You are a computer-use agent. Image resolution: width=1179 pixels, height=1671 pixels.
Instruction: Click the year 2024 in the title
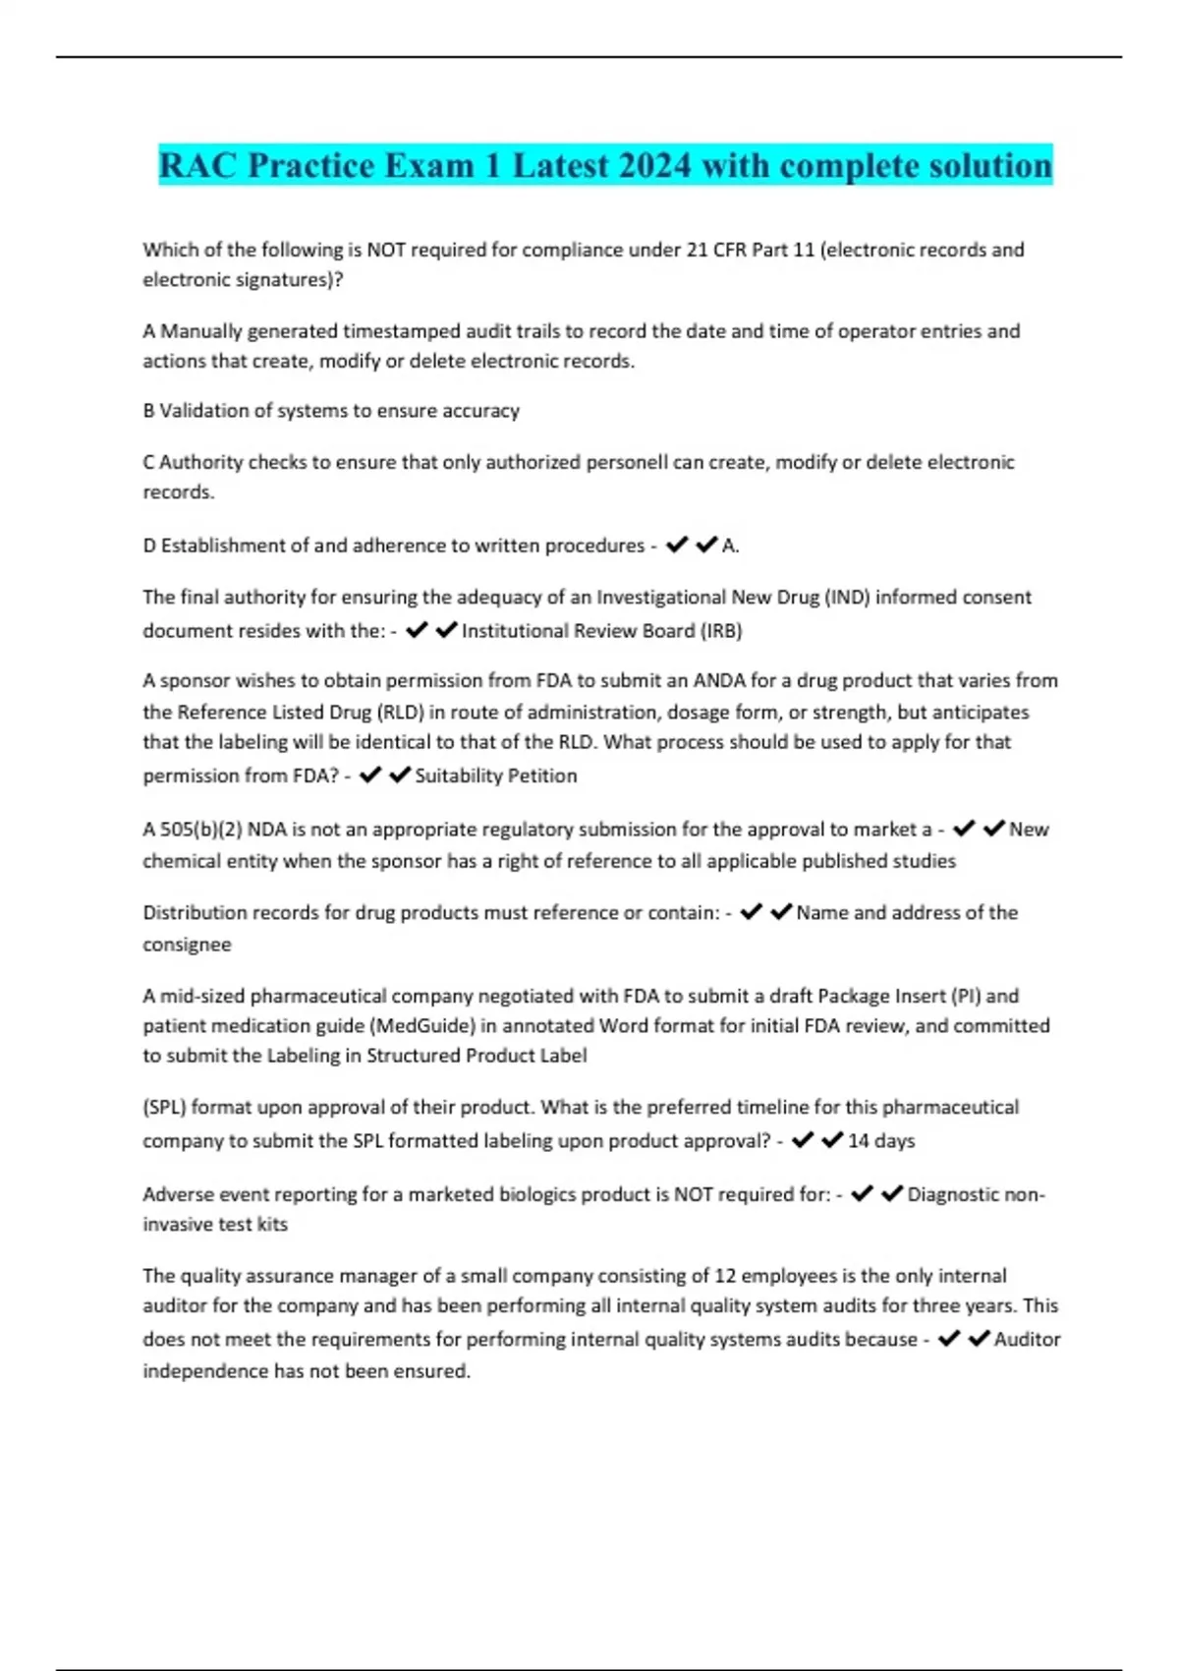[654, 165]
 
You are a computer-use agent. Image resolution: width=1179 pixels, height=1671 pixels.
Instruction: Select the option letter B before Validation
[149, 411]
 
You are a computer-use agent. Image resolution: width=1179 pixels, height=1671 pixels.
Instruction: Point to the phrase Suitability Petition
[496, 776]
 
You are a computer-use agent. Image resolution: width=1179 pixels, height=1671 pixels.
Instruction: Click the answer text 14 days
[881, 1140]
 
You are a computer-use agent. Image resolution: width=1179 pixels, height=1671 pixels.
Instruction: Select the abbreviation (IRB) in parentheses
[721, 631]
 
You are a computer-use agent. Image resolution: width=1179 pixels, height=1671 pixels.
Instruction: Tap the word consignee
[187, 945]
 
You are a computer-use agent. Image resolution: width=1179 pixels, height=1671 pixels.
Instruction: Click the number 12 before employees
[725, 1276]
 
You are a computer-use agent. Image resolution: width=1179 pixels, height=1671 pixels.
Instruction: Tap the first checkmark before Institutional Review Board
[417, 630]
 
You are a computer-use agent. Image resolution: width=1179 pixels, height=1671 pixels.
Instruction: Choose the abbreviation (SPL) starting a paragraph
[164, 1108]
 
